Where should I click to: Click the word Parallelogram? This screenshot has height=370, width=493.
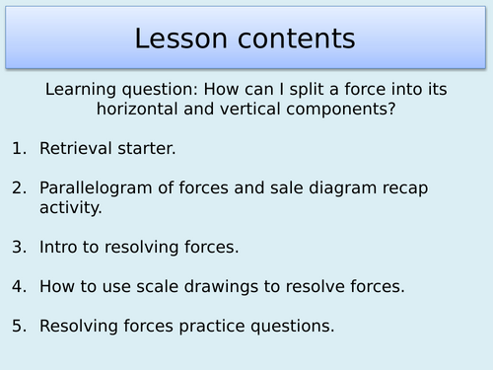(x=98, y=186)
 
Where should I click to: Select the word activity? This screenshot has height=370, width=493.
(x=68, y=206)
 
